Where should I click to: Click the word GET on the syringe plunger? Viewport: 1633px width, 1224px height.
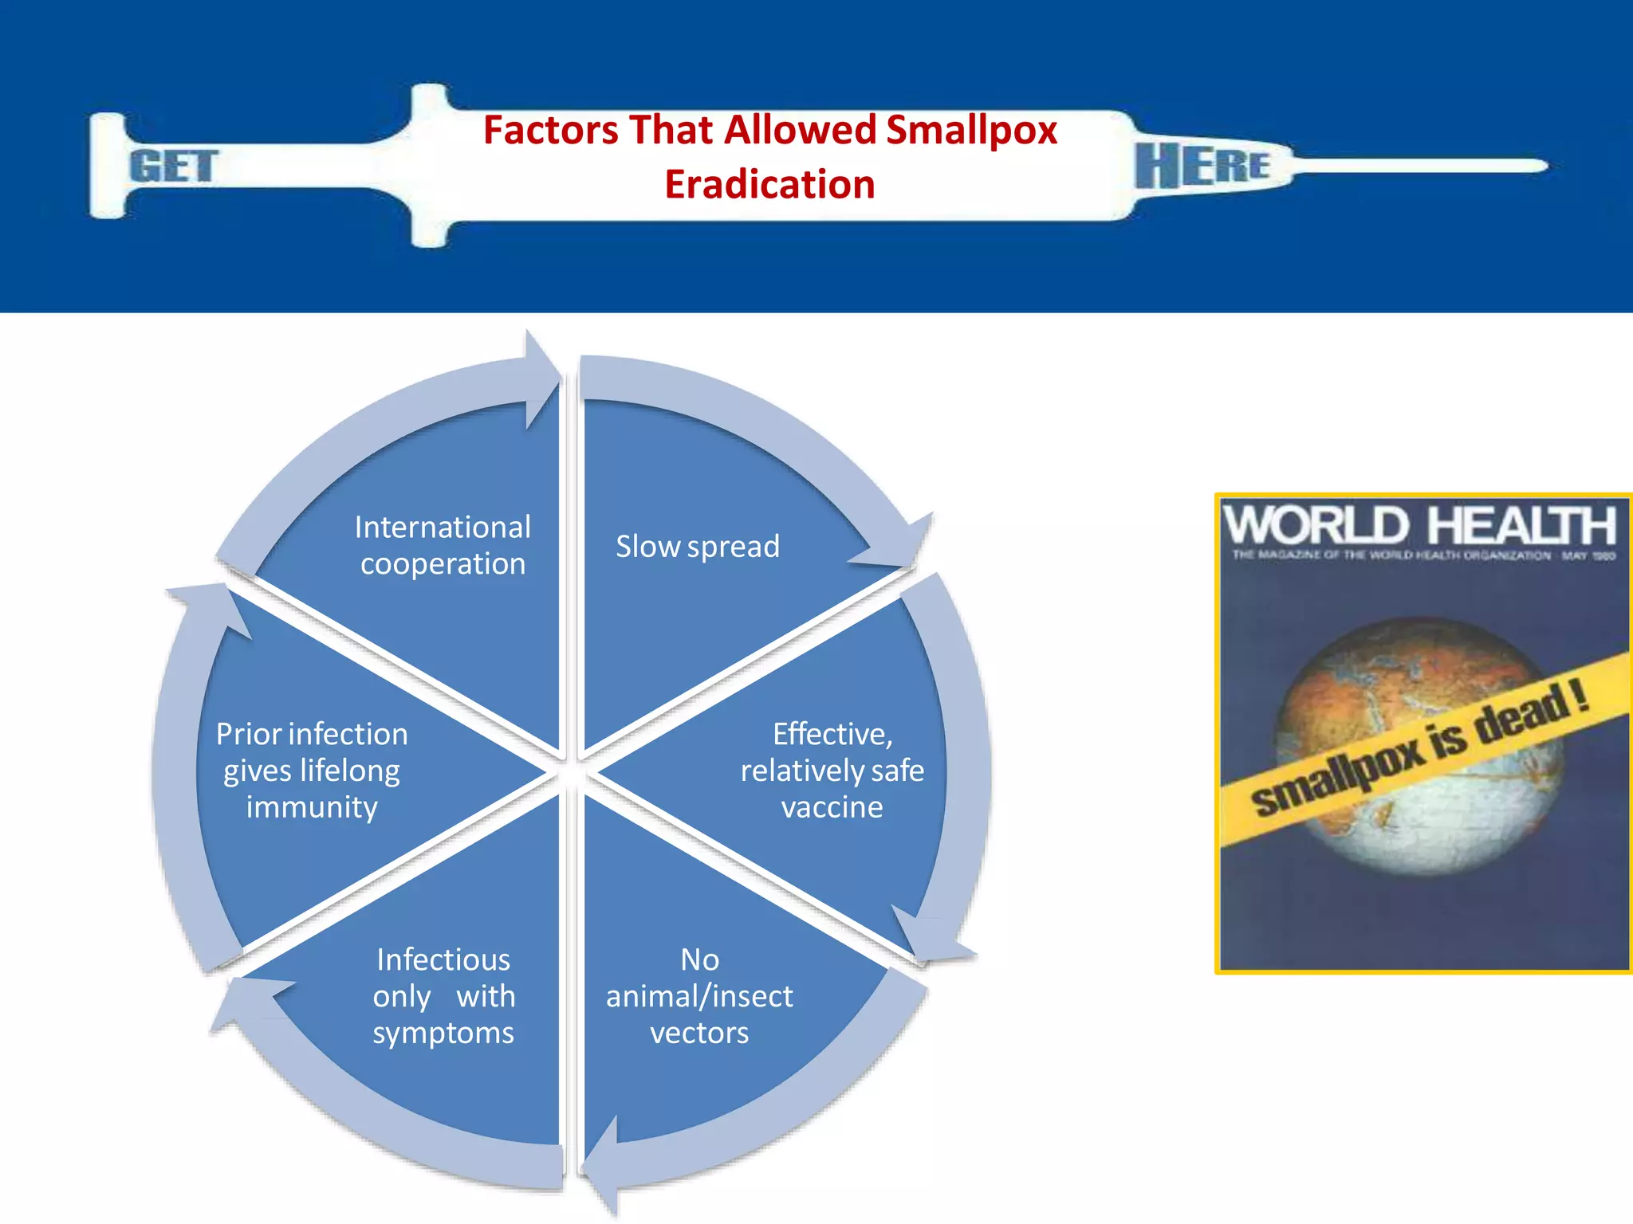(173, 167)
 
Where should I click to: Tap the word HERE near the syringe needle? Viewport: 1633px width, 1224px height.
(1202, 166)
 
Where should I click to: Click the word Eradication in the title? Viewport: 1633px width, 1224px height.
(769, 184)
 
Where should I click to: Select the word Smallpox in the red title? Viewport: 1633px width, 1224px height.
(971, 130)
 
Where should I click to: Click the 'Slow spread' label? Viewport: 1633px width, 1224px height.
(698, 547)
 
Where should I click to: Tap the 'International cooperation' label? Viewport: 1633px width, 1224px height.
(443, 545)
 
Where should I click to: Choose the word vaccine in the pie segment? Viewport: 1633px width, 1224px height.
(832, 807)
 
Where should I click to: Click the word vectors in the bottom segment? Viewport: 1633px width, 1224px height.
(699, 1033)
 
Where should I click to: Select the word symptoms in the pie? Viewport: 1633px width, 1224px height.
(443, 1033)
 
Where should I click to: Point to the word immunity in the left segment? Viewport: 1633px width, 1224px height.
(312, 807)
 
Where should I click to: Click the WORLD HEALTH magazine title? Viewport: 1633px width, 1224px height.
(1421, 526)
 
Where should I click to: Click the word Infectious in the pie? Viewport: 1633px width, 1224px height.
(443, 959)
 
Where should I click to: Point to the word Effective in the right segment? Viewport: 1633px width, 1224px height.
(832, 734)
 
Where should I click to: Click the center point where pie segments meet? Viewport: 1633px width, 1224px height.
(571, 772)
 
